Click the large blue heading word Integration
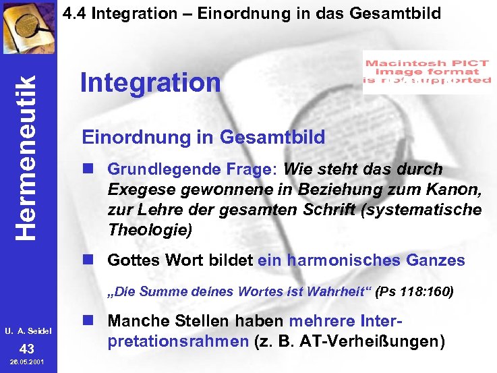(150, 83)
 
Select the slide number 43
(26, 349)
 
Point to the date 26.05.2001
(26, 364)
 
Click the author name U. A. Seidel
(26, 332)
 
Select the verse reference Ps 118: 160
(415, 292)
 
